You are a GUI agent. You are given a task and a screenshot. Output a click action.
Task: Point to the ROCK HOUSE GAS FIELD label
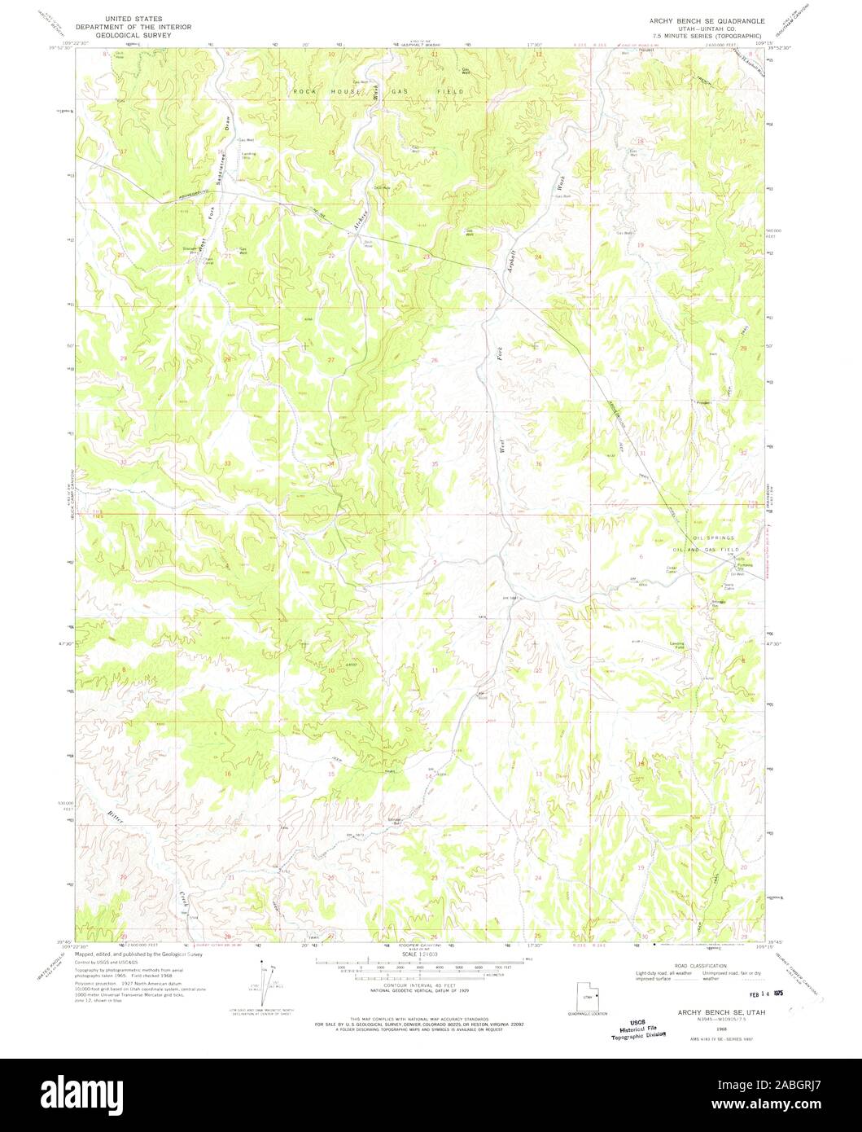click(x=378, y=92)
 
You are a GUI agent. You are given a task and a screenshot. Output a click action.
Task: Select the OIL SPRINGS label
click(x=713, y=538)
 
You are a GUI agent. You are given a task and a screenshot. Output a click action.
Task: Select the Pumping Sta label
click(x=746, y=567)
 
